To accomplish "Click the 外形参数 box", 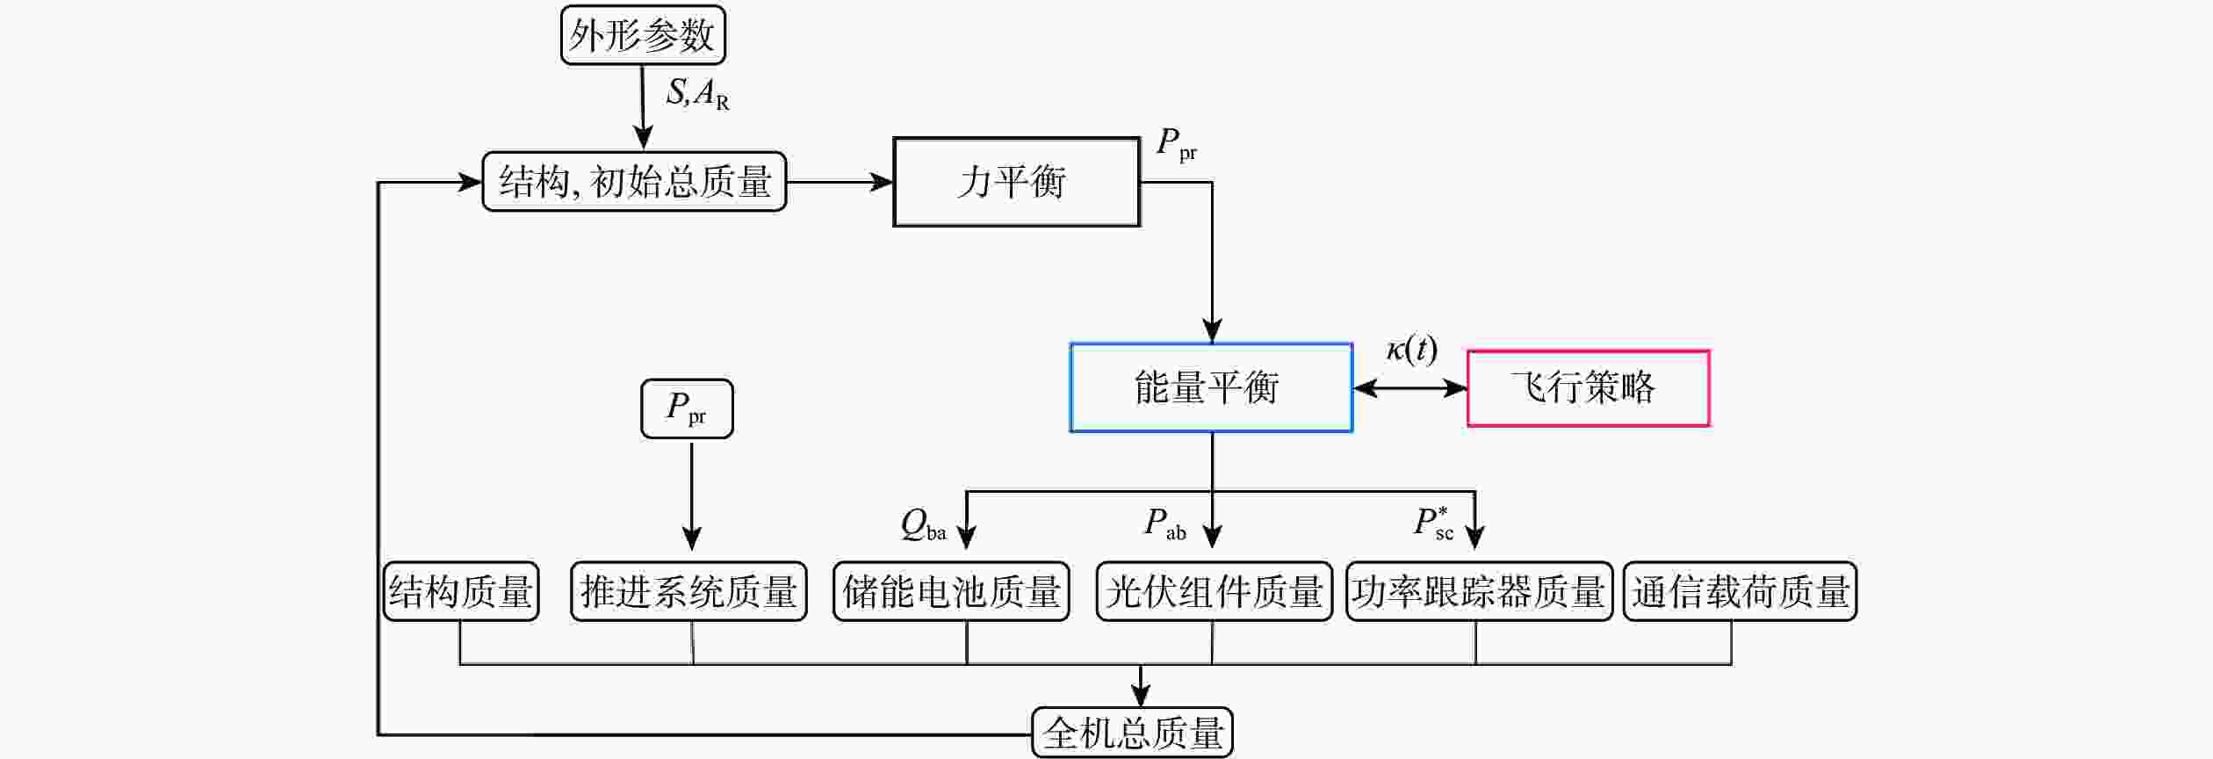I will tap(643, 35).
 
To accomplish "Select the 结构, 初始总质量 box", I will tap(634, 182).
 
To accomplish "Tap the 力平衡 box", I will tap(1016, 182).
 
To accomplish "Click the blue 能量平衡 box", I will tap(1210, 387).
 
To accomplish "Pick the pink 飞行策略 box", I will tap(1588, 388).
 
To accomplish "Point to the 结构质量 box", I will tap(460, 591).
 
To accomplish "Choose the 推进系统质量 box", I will tap(688, 591).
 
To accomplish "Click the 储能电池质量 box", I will tap(951, 591).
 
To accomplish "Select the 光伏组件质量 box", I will tap(1214, 591).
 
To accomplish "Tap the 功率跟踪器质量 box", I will tap(1479, 591).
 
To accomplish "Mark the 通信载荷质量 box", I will tap(1740, 591).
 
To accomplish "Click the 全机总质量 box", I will tap(1132, 733).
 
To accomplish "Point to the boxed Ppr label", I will tap(687, 408).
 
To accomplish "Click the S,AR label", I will tap(697, 93).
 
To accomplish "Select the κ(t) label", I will tap(1411, 350).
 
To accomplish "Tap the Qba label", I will tap(923, 525).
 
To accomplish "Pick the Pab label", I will tap(1164, 524).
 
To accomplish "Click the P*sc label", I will tap(1433, 523).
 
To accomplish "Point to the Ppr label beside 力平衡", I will tap(1176, 144).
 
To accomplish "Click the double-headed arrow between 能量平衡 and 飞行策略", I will tap(1409, 388).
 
